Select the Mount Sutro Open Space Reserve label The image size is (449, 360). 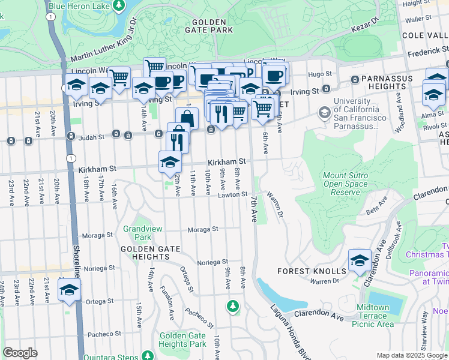(x=345, y=184)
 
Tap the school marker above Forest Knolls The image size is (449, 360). (x=360, y=260)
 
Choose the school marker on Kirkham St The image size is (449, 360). (x=170, y=162)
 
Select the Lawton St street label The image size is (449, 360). (x=233, y=194)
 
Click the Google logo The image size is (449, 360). (x=20, y=353)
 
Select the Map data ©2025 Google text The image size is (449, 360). (x=412, y=355)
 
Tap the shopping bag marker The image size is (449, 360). (x=187, y=119)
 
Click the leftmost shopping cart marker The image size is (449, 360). (x=119, y=78)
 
